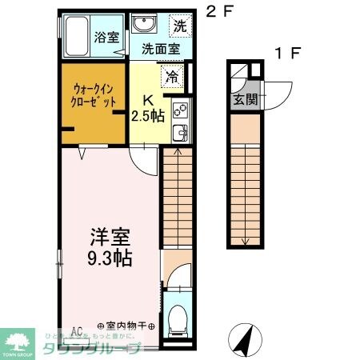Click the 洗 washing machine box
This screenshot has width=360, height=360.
[x=180, y=25]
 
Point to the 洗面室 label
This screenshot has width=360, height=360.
[x=161, y=48]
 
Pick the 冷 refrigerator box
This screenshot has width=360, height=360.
[x=173, y=78]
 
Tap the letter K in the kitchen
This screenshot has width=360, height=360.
[x=147, y=100]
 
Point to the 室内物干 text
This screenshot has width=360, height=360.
[x=126, y=326]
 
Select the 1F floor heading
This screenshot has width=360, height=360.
[x=287, y=54]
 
